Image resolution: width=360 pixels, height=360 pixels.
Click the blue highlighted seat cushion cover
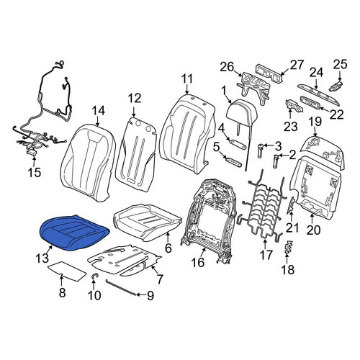coord(74,233)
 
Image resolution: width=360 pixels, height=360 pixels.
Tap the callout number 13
coord(42,258)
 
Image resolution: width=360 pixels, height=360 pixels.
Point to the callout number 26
coord(227,67)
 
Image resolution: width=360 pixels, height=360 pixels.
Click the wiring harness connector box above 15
coord(31,153)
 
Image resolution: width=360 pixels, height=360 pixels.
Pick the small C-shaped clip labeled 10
coord(94,276)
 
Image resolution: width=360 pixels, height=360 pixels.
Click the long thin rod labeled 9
coord(121,287)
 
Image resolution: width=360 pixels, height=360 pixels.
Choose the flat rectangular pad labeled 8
coord(67,271)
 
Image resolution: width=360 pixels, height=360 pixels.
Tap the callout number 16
coord(198,262)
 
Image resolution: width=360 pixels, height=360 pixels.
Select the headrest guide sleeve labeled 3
coord(260,150)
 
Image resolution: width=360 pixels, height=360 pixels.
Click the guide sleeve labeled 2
coord(276,161)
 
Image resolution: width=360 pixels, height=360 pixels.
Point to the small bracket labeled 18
coord(288,246)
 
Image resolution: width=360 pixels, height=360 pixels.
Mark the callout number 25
coord(340,64)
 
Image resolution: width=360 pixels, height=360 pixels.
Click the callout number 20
coord(313,230)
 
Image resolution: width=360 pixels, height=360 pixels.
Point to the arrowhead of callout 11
coord(187,92)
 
